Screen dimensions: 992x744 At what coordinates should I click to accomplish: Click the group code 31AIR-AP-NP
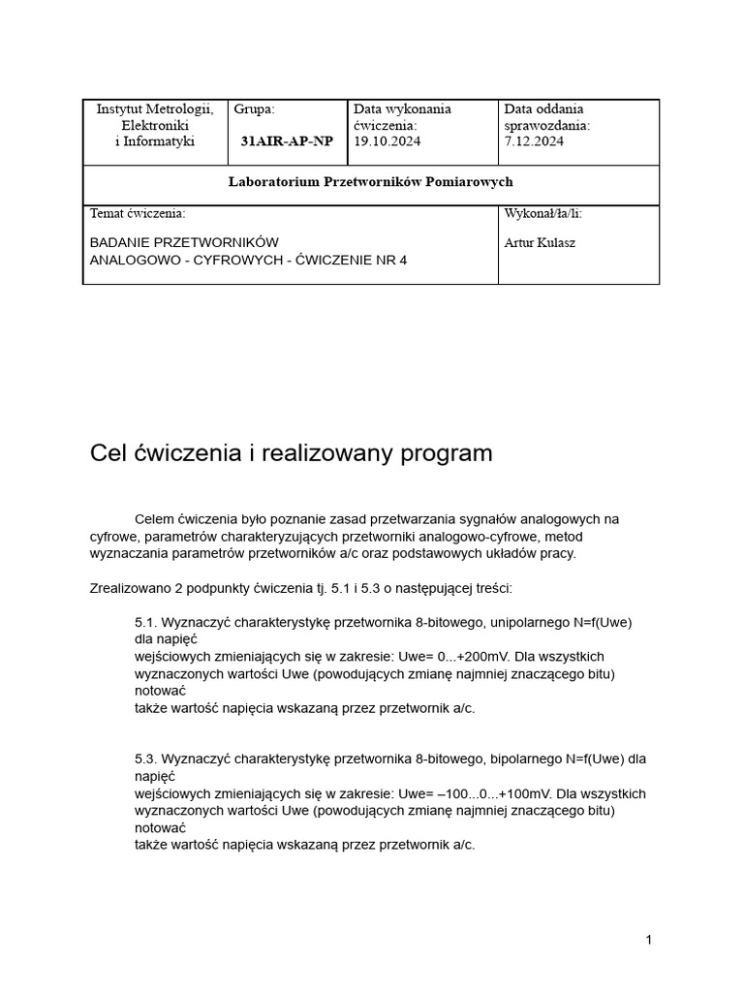[286, 141]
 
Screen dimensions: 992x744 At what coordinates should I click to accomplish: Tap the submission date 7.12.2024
[534, 141]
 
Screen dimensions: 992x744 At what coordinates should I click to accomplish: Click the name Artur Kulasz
[540, 242]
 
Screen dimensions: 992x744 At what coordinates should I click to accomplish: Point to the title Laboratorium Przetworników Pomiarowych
[370, 182]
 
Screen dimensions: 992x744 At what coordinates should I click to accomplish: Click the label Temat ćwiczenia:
[138, 213]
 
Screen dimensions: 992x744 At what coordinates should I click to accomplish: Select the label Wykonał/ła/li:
[543, 213]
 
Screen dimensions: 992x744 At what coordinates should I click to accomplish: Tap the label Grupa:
[255, 109]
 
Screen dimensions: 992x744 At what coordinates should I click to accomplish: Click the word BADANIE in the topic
[120, 242]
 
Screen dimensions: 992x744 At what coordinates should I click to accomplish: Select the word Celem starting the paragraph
[155, 519]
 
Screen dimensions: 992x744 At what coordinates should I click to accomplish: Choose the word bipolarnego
[503, 759]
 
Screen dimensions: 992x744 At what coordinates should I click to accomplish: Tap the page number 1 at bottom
[649, 940]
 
